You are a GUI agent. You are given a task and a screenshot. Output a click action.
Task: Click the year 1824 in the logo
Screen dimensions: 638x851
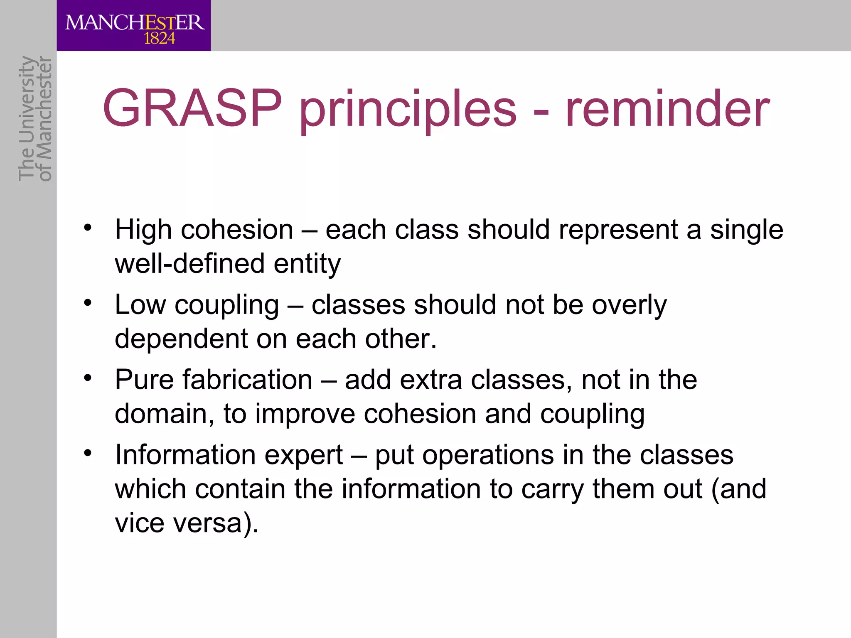[x=159, y=39]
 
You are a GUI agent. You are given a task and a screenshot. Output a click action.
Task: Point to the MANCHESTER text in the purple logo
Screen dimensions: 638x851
[x=135, y=22]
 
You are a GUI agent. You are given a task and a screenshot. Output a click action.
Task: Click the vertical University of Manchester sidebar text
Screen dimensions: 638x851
[x=35, y=118]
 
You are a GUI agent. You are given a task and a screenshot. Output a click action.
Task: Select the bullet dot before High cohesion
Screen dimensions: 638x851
[x=87, y=228]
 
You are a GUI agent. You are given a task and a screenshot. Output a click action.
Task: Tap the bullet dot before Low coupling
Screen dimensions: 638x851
[x=87, y=303]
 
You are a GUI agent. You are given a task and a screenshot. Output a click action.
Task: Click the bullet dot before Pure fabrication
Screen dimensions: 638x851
[x=87, y=378]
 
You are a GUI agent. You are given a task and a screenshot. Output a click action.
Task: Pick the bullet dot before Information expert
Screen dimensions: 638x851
[x=87, y=453]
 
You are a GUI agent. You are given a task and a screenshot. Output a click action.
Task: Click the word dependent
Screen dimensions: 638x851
[x=181, y=339]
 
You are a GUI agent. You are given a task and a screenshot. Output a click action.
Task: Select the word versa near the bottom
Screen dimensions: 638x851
[x=208, y=523]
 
